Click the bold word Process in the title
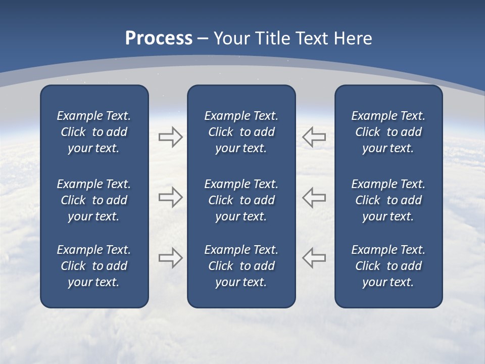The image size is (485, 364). (x=159, y=38)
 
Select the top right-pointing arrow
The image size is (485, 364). (x=170, y=136)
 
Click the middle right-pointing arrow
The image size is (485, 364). (x=170, y=197)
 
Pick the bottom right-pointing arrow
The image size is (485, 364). (x=170, y=258)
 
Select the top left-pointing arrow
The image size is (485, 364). (x=314, y=136)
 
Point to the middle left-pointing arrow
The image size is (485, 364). (x=314, y=197)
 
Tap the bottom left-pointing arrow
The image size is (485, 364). (x=314, y=258)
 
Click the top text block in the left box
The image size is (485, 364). (x=94, y=132)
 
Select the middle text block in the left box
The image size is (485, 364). (x=94, y=200)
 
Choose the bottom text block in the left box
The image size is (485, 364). (x=94, y=266)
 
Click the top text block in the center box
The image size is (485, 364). (x=241, y=132)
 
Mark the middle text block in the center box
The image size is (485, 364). (x=241, y=200)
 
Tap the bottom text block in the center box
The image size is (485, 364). (x=241, y=266)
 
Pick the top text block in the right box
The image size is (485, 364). (x=388, y=132)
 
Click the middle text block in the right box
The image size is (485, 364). (x=388, y=200)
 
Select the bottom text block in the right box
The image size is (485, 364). (x=388, y=266)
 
